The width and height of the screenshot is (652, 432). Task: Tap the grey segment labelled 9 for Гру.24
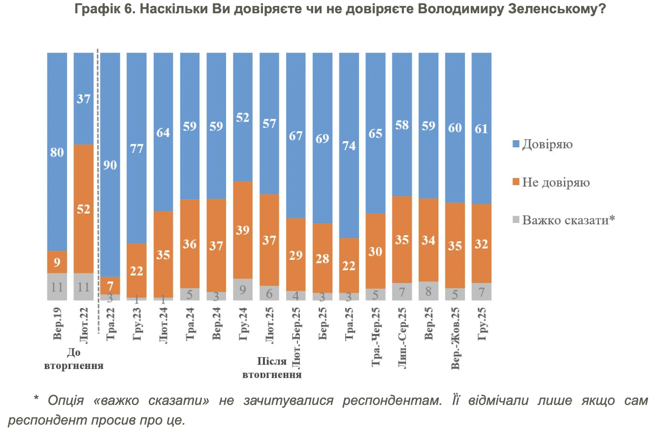point(243,289)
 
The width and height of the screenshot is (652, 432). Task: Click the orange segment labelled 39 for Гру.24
point(243,230)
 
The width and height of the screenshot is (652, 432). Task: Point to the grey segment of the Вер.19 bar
point(57,286)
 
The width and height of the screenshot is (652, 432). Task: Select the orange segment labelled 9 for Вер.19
point(57,262)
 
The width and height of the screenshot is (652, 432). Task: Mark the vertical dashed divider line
point(98,172)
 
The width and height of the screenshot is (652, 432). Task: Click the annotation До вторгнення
point(74,359)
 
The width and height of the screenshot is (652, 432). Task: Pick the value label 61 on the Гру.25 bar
point(481,129)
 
